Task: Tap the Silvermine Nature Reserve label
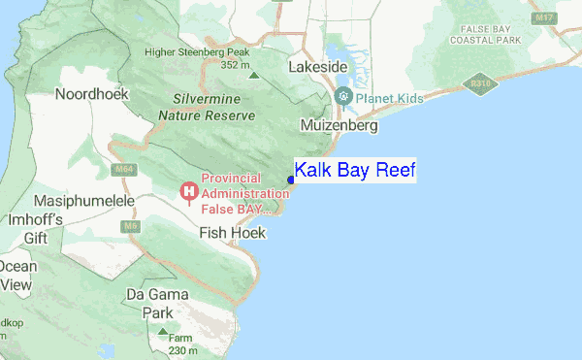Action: (x=213, y=107)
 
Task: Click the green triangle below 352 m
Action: (x=254, y=75)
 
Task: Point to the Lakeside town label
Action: (x=318, y=67)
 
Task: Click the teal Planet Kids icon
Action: (x=343, y=97)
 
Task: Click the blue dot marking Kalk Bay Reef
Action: (x=291, y=180)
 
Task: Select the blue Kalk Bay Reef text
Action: (x=355, y=171)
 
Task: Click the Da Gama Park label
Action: (x=149, y=303)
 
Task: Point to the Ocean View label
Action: (x=16, y=276)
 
